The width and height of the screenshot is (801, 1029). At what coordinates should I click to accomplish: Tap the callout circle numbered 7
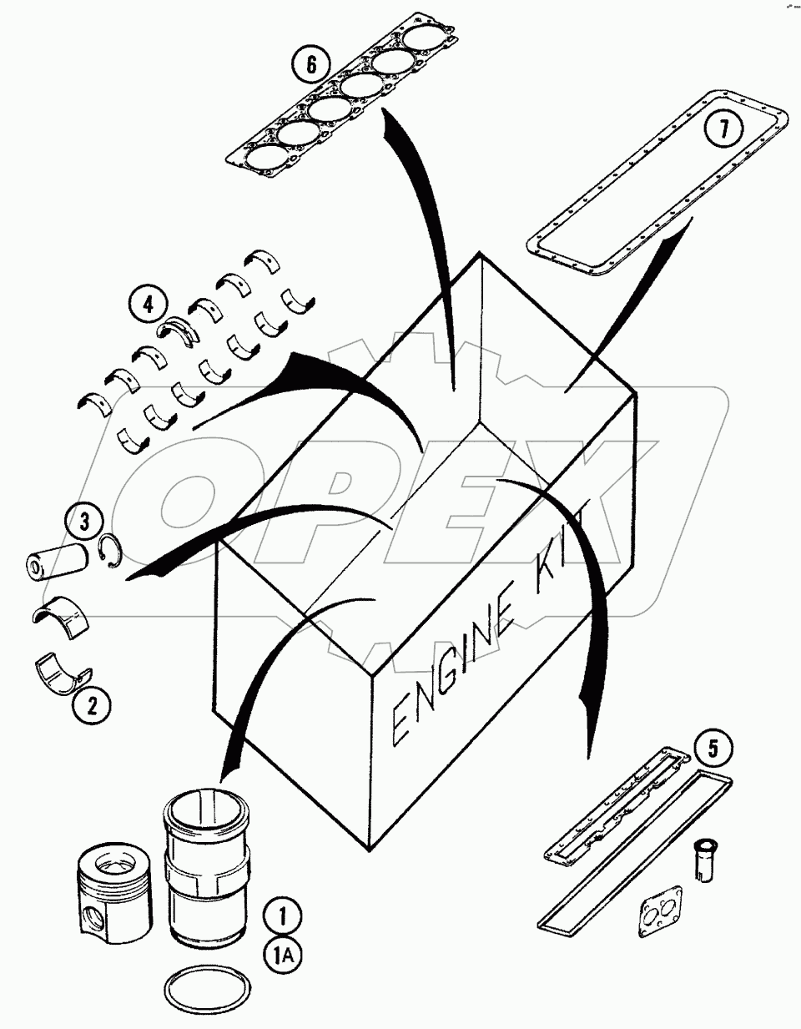coord(723,129)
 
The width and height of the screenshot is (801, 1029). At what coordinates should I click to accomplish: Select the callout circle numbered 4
coord(149,305)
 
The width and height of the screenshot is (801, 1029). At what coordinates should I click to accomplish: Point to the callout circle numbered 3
coord(84,524)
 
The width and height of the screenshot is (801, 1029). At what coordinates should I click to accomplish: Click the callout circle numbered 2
coord(92,707)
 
